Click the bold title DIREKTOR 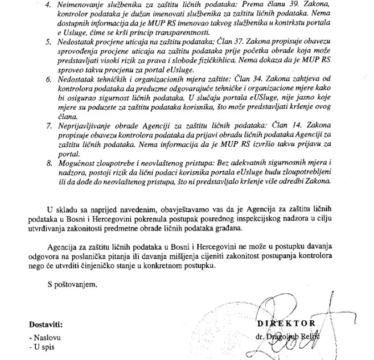coord(285,325)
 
